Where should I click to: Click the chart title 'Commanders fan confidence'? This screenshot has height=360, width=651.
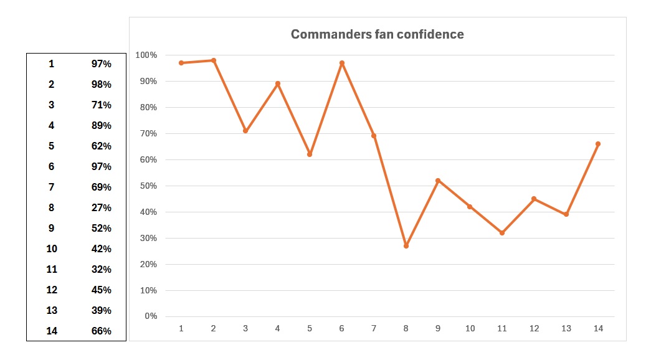point(377,34)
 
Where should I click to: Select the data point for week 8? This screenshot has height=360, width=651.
point(406,246)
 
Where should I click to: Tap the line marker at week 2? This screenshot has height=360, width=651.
point(213,60)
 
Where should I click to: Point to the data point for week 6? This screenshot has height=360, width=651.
point(342,63)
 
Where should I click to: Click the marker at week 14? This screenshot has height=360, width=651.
point(598,144)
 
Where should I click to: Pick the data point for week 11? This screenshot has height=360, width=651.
point(502,233)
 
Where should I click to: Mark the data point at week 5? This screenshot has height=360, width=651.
point(310,154)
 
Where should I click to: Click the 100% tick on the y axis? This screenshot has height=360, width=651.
point(146,55)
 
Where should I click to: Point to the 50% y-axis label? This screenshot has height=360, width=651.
point(148,186)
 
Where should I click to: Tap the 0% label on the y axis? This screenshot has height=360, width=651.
point(151,316)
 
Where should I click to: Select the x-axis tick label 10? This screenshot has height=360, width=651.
point(470,329)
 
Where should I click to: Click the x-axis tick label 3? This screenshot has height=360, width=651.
point(245,329)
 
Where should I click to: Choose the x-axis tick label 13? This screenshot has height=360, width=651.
point(566,329)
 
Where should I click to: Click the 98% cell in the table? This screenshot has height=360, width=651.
point(101,85)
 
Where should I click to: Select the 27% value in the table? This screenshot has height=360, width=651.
point(101,208)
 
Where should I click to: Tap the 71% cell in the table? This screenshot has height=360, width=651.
point(101,105)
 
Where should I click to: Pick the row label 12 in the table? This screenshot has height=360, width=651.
point(52,290)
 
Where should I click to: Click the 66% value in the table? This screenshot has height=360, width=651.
point(101,331)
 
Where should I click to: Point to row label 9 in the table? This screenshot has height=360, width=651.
point(52,229)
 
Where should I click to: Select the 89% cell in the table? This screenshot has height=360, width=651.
point(101,126)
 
